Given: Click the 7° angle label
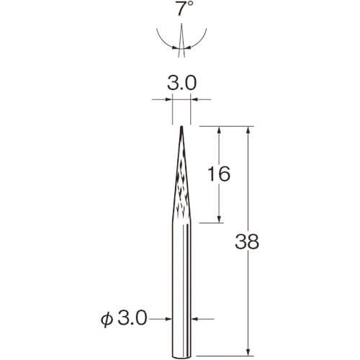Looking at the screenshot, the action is click(x=185, y=9).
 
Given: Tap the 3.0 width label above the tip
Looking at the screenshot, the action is click(x=182, y=83).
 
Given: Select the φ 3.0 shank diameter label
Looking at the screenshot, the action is click(x=124, y=319).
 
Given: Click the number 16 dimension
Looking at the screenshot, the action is click(x=219, y=174).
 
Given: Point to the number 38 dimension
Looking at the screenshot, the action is click(x=247, y=242).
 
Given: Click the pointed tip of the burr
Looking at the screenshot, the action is click(x=181, y=127).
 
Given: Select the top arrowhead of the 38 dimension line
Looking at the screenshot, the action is click(x=249, y=130).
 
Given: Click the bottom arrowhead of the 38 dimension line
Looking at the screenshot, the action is click(x=249, y=352).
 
